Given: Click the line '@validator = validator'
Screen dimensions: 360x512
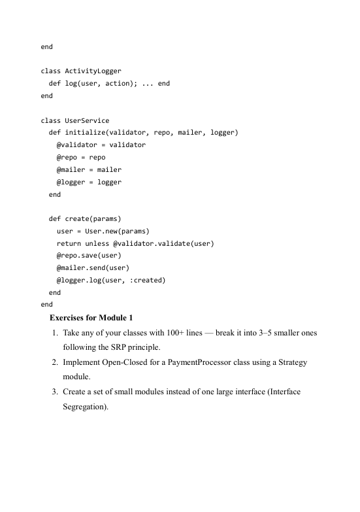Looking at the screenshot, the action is click(101, 145).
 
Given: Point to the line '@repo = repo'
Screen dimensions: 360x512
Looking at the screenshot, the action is click(81, 158).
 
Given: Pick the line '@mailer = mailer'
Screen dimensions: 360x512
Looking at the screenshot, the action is click(89, 170).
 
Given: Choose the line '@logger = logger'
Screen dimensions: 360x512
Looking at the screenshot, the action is click(89, 182).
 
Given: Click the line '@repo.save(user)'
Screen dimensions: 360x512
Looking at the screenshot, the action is click(89, 256).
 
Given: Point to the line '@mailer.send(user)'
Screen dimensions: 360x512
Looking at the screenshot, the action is click(93, 269).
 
